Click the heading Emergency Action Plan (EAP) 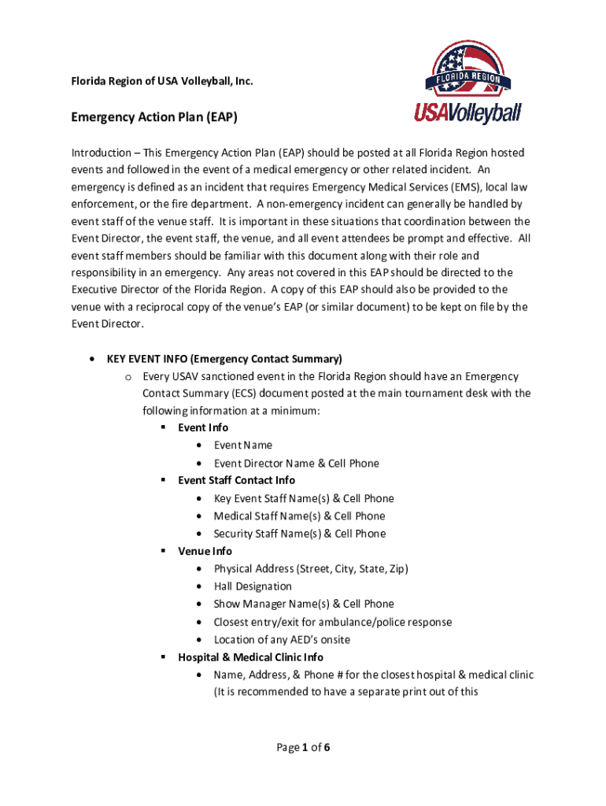(x=154, y=117)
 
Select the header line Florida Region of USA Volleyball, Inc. (x=162, y=81)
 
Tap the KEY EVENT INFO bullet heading (x=224, y=359)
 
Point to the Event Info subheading (x=203, y=427)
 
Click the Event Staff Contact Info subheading (x=236, y=480)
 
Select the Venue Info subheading (x=205, y=551)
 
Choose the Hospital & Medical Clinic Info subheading (x=250, y=657)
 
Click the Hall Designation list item (x=253, y=586)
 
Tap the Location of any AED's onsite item (x=282, y=640)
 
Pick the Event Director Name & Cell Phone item (x=296, y=464)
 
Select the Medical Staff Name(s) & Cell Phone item (x=299, y=516)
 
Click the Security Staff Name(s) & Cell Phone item (x=300, y=534)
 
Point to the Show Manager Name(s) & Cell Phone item (x=304, y=604)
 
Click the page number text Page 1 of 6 (x=302, y=748)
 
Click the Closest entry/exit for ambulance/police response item (x=333, y=622)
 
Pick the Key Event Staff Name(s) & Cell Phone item (x=304, y=498)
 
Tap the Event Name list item (x=243, y=446)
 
